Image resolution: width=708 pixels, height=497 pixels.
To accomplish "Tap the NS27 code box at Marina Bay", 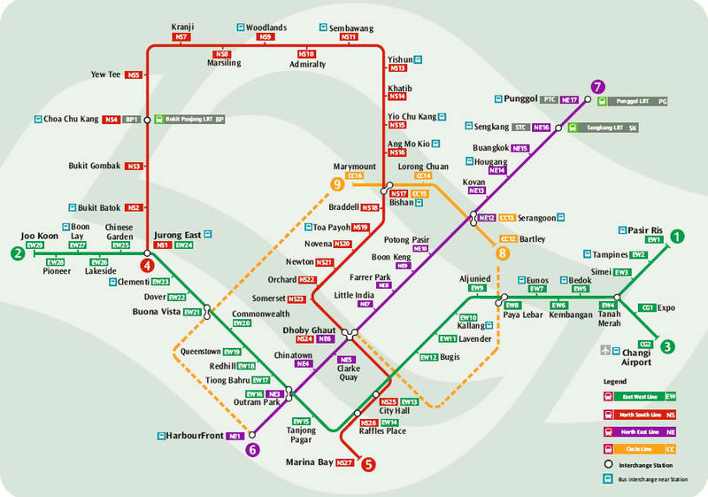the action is point(344,462).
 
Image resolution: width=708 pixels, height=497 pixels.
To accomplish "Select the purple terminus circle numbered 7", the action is point(597,87).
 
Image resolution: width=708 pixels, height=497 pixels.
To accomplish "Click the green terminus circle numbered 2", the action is point(18,253).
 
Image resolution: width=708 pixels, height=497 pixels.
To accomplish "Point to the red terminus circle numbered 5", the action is point(369,462).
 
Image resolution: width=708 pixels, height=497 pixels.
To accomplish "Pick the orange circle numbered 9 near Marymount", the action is point(336,184).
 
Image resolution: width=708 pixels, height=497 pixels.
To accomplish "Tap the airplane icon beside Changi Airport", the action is point(605,351).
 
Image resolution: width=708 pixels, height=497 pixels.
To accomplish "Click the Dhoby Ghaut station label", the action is point(309,330).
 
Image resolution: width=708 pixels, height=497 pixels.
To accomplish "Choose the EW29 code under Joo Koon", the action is point(35,245).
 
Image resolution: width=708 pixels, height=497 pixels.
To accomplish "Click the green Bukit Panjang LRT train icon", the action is point(158,118).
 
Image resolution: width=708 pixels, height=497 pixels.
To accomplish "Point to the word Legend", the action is point(615,381).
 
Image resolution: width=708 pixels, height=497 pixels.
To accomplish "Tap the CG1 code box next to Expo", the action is point(648,307).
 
